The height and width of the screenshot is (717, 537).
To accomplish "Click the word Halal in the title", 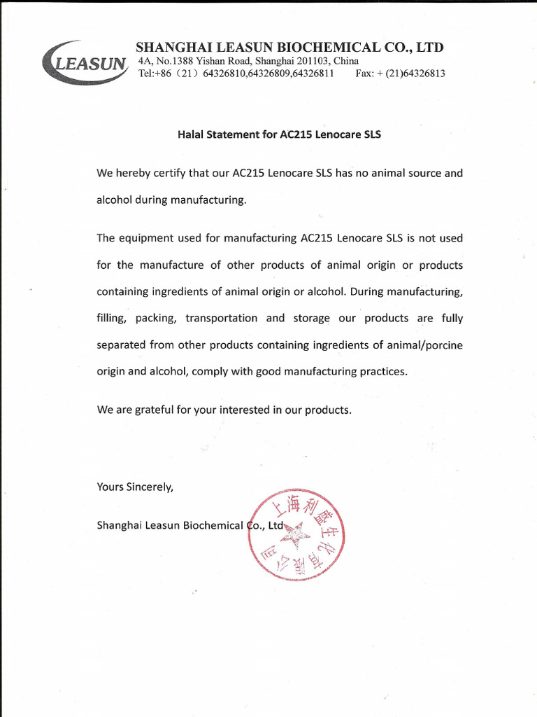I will coord(192,134).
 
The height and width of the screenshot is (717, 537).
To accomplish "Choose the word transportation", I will coord(222,318).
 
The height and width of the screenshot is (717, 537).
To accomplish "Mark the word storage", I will coord(311,318).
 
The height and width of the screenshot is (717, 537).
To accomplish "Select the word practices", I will coord(382,372).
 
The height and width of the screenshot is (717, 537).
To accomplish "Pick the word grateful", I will coord(155,410).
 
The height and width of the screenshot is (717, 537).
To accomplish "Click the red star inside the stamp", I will coord(296,535).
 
